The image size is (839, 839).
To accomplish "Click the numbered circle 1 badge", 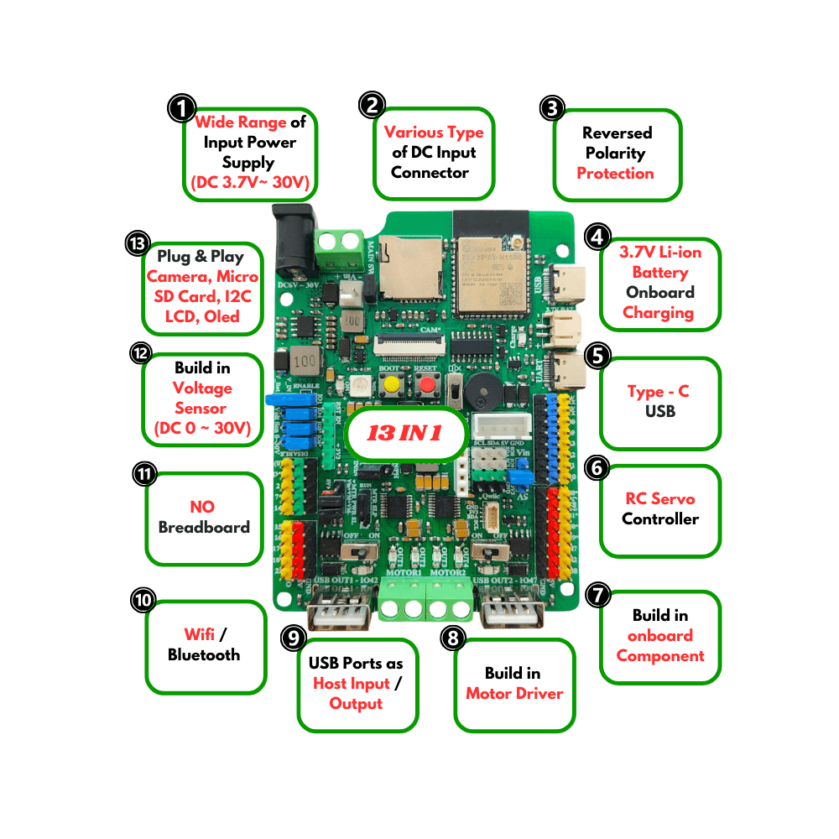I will (180, 108).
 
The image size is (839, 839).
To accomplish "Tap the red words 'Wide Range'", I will (241, 122).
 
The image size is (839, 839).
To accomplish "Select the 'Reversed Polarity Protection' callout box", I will (618, 154).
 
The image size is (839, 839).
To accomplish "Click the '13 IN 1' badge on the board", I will (406, 434).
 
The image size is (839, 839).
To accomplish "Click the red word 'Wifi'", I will (200, 635).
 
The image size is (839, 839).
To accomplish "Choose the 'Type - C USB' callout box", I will (659, 403).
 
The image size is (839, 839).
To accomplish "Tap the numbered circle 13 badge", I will (136, 243).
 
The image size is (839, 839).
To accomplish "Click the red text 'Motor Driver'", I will (514, 694).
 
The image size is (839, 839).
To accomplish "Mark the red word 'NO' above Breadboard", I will (202, 508).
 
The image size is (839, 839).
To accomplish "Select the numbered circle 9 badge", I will (293, 638).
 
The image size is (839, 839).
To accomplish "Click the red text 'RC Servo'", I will (659, 499).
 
